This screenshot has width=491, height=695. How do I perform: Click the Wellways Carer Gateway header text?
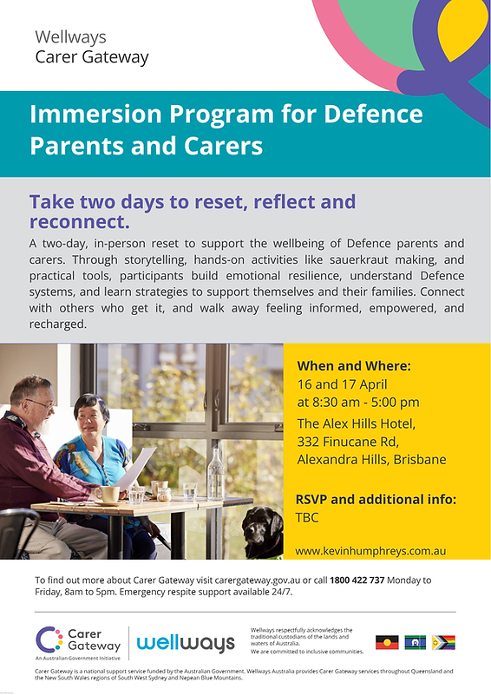(x=91, y=48)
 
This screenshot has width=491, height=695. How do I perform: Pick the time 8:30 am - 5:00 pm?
(x=358, y=402)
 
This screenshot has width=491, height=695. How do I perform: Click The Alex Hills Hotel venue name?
(x=357, y=423)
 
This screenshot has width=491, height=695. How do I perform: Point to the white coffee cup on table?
(x=108, y=494)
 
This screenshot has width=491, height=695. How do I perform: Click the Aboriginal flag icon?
(x=387, y=642)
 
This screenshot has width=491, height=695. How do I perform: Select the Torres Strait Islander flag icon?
(x=416, y=642)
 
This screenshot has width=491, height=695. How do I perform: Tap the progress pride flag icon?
(x=443, y=642)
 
